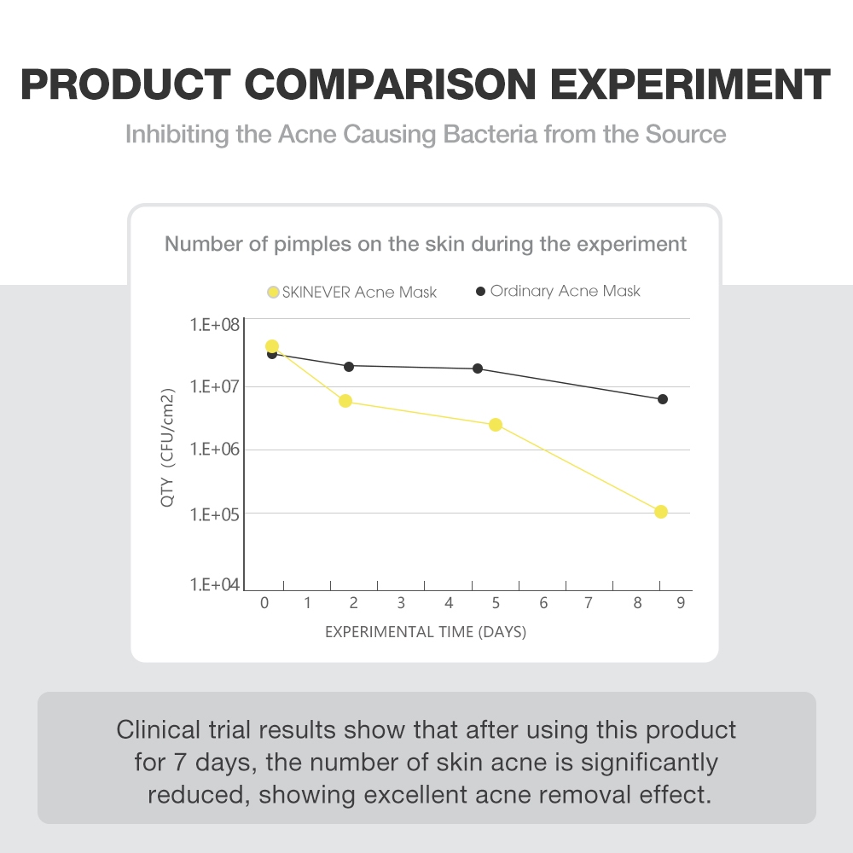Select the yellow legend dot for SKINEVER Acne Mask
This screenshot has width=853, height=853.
coord(273,293)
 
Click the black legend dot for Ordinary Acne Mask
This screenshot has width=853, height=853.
coord(480,292)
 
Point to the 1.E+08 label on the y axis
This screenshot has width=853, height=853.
coord(213,325)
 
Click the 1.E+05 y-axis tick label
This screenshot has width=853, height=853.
coord(213,514)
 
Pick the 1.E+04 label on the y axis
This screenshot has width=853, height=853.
coord(213,585)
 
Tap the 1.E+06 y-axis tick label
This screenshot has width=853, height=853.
coord(213,450)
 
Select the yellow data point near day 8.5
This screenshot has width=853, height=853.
coord(661,512)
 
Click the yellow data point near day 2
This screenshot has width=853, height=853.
coord(345,401)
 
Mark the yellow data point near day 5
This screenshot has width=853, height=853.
coord(496,425)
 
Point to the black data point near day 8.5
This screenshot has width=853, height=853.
coord(663,399)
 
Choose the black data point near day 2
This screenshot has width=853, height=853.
coord(349,366)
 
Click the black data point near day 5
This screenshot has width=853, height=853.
coord(478,368)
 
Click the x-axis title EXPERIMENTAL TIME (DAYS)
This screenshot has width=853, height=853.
coord(426,632)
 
